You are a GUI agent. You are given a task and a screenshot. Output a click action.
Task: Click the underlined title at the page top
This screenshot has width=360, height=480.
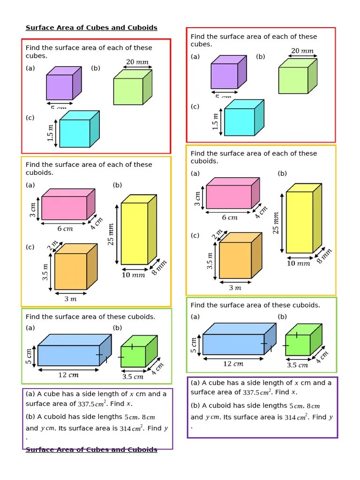click(91, 28)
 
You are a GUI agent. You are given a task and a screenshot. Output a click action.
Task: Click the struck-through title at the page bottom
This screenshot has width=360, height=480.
click(91, 450)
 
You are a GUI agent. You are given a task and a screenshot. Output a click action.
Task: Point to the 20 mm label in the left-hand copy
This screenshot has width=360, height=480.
click(136, 62)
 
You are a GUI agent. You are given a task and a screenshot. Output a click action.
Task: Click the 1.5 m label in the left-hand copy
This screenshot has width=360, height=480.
click(51, 133)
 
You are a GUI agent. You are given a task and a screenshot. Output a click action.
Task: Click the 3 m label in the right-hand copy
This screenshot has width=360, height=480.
click(235, 288)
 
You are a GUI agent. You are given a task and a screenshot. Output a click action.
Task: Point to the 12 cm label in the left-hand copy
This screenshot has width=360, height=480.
click(68, 375)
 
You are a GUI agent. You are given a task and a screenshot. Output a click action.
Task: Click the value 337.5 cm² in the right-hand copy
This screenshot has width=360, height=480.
click(255, 392)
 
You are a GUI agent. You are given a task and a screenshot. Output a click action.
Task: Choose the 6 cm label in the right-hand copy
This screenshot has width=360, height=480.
click(230, 217)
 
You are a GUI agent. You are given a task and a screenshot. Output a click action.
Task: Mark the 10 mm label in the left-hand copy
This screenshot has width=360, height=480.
click(133, 275)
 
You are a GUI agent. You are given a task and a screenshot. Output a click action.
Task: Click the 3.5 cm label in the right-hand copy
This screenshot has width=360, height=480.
click(297, 365)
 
